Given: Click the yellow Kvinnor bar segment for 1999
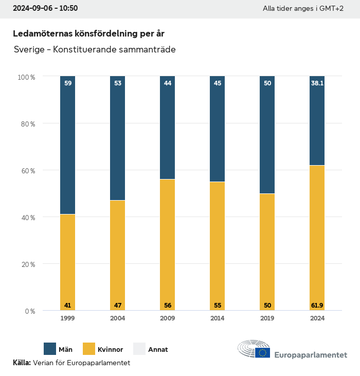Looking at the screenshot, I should coord(67,262).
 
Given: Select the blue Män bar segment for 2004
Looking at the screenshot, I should coord(117,138).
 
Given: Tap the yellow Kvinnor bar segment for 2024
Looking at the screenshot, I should coord(317,238).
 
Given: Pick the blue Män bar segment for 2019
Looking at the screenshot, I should coord(267,135).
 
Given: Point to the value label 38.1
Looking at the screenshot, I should coord(317,82).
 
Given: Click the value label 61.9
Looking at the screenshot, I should coord(317,306).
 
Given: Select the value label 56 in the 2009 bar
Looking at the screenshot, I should coord(167,306).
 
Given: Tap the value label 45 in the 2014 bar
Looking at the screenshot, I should coord(217,82).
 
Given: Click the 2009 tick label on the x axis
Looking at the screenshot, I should coord(167,318).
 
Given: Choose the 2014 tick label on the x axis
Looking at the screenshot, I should coord(217,318).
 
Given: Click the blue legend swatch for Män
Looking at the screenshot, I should coord(50,349).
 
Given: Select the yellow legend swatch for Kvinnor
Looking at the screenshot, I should coord(88,349).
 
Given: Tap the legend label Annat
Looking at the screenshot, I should coord(158,350).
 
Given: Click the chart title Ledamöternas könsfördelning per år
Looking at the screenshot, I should coord(88,33).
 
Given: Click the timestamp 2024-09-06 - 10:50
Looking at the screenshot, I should coord(45,9).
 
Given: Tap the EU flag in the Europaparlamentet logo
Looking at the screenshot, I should coord(263,352).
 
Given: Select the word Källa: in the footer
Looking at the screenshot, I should coord(22,363).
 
